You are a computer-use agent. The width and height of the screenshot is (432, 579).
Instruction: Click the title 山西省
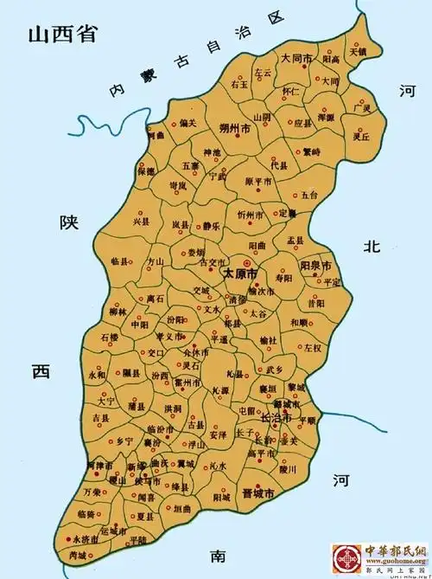(x=61, y=35)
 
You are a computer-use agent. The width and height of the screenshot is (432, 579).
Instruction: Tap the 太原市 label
(x=239, y=273)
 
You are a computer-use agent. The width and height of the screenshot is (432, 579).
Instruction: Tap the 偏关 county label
(x=187, y=123)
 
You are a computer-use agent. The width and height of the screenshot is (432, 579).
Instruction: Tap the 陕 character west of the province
(x=68, y=222)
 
